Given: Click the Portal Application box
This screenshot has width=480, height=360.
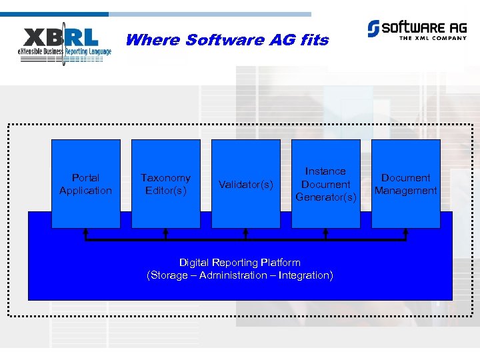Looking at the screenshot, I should [85, 183].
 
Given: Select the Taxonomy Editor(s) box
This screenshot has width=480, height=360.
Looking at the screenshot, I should [165, 183].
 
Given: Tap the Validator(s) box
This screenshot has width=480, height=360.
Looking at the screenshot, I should [245, 183].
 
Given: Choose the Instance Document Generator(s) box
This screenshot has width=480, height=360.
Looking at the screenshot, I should [326, 183].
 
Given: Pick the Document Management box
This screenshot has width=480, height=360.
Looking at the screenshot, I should [405, 183].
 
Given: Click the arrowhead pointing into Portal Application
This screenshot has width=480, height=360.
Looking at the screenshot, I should [85, 231].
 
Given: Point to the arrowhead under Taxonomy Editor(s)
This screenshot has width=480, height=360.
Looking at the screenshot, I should [165, 231].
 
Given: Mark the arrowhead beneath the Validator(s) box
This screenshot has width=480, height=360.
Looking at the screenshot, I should [245, 231].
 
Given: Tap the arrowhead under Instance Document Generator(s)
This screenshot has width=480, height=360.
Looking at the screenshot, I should [326, 231].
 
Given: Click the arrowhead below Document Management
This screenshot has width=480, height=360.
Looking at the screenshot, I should [405, 231].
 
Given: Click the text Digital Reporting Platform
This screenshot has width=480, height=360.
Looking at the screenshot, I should [240, 263].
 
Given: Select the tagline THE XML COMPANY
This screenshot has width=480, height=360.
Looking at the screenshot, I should [431, 38].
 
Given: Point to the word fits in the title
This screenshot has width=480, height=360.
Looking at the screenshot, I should [314, 40].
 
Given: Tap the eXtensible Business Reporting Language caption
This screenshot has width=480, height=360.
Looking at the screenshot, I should [65, 52].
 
